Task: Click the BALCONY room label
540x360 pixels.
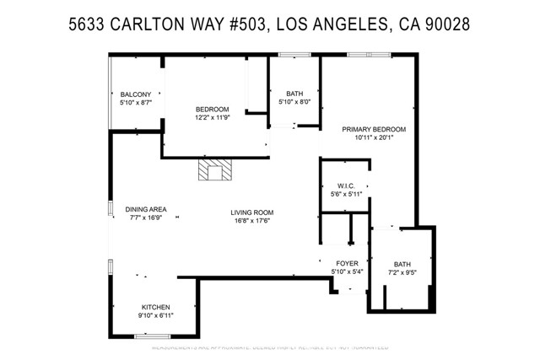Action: (x=135, y=94)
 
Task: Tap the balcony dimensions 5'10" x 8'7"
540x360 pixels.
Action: (x=135, y=102)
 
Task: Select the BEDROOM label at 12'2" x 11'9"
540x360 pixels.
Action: (x=213, y=109)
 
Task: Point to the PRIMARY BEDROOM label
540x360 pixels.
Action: (x=374, y=129)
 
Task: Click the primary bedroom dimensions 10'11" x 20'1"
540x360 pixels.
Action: (x=374, y=138)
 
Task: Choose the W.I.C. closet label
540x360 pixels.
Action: (x=346, y=185)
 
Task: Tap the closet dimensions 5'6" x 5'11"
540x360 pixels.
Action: (x=346, y=194)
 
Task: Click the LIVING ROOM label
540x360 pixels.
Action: (x=253, y=212)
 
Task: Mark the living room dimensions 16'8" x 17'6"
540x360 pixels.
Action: (x=253, y=222)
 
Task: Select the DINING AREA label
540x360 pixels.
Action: (x=145, y=209)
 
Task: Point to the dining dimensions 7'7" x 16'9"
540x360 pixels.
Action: (x=145, y=218)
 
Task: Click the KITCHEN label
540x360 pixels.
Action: (x=156, y=306)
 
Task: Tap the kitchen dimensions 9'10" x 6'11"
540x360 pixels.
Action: (x=156, y=315)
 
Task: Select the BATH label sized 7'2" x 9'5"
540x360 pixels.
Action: (x=402, y=264)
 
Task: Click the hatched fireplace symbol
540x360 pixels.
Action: (x=214, y=171)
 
